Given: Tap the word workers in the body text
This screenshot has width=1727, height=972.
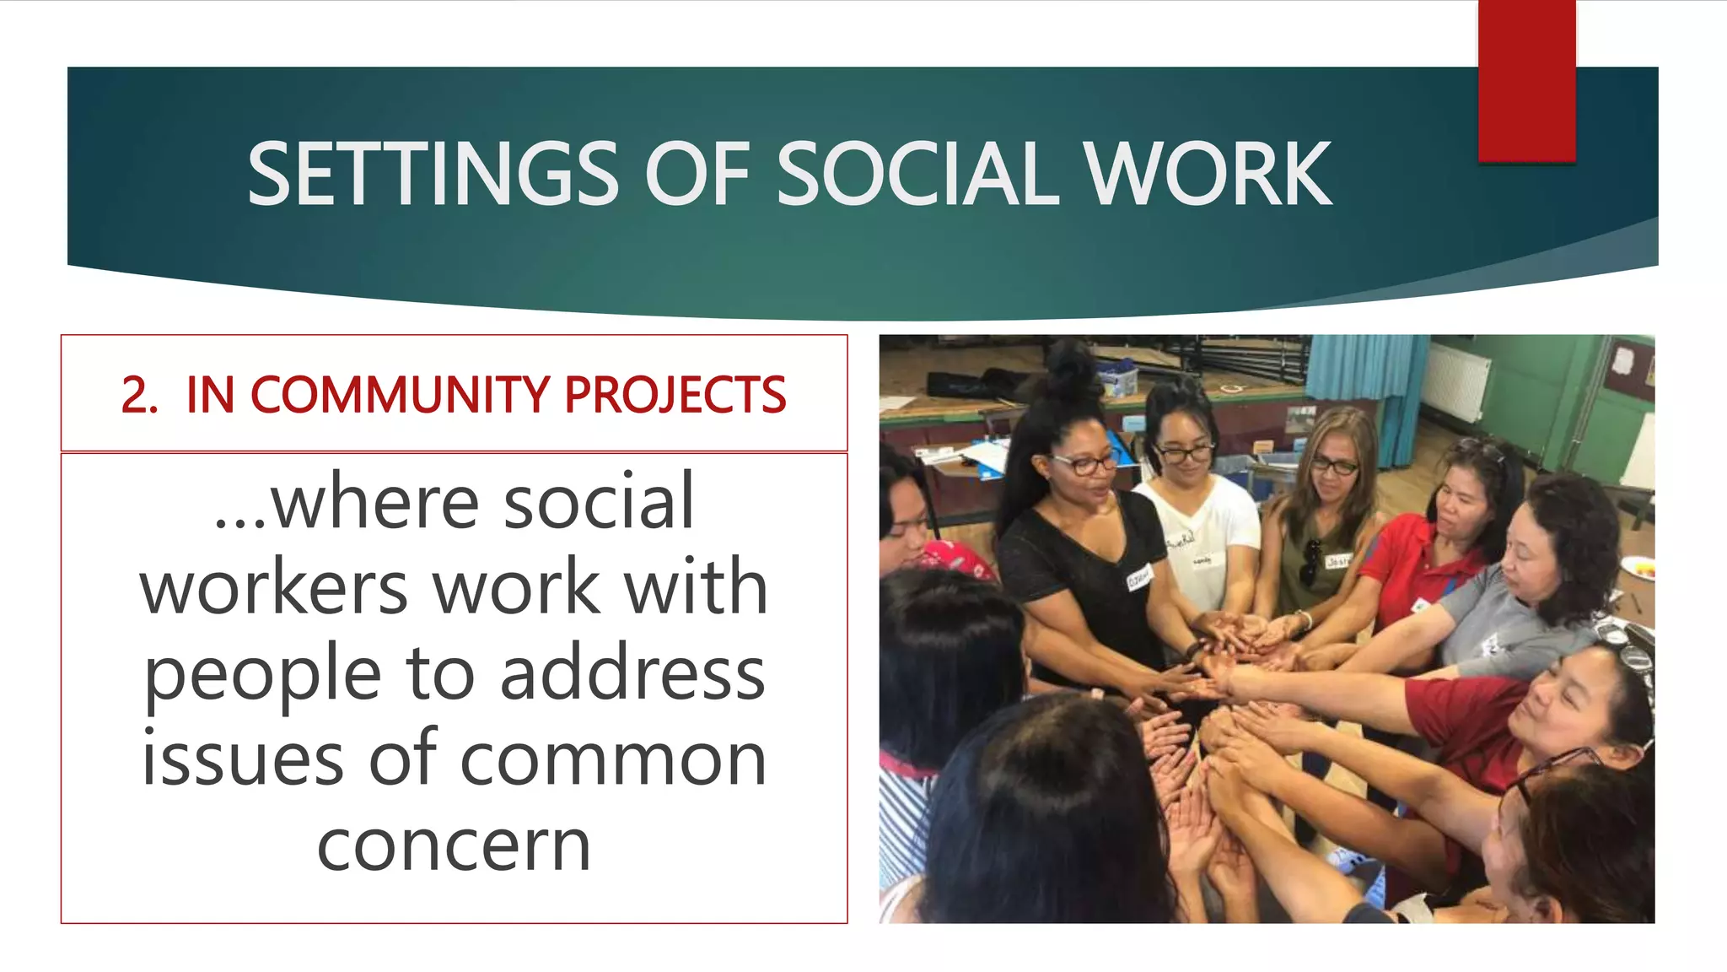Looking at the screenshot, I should pyautogui.click(x=274, y=587).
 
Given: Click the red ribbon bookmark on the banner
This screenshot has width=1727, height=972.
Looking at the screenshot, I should pyautogui.click(x=1526, y=80).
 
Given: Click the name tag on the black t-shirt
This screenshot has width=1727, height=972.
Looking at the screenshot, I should pyautogui.click(x=1139, y=579).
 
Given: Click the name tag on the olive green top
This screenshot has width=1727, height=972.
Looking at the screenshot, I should pyautogui.click(x=1338, y=560).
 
